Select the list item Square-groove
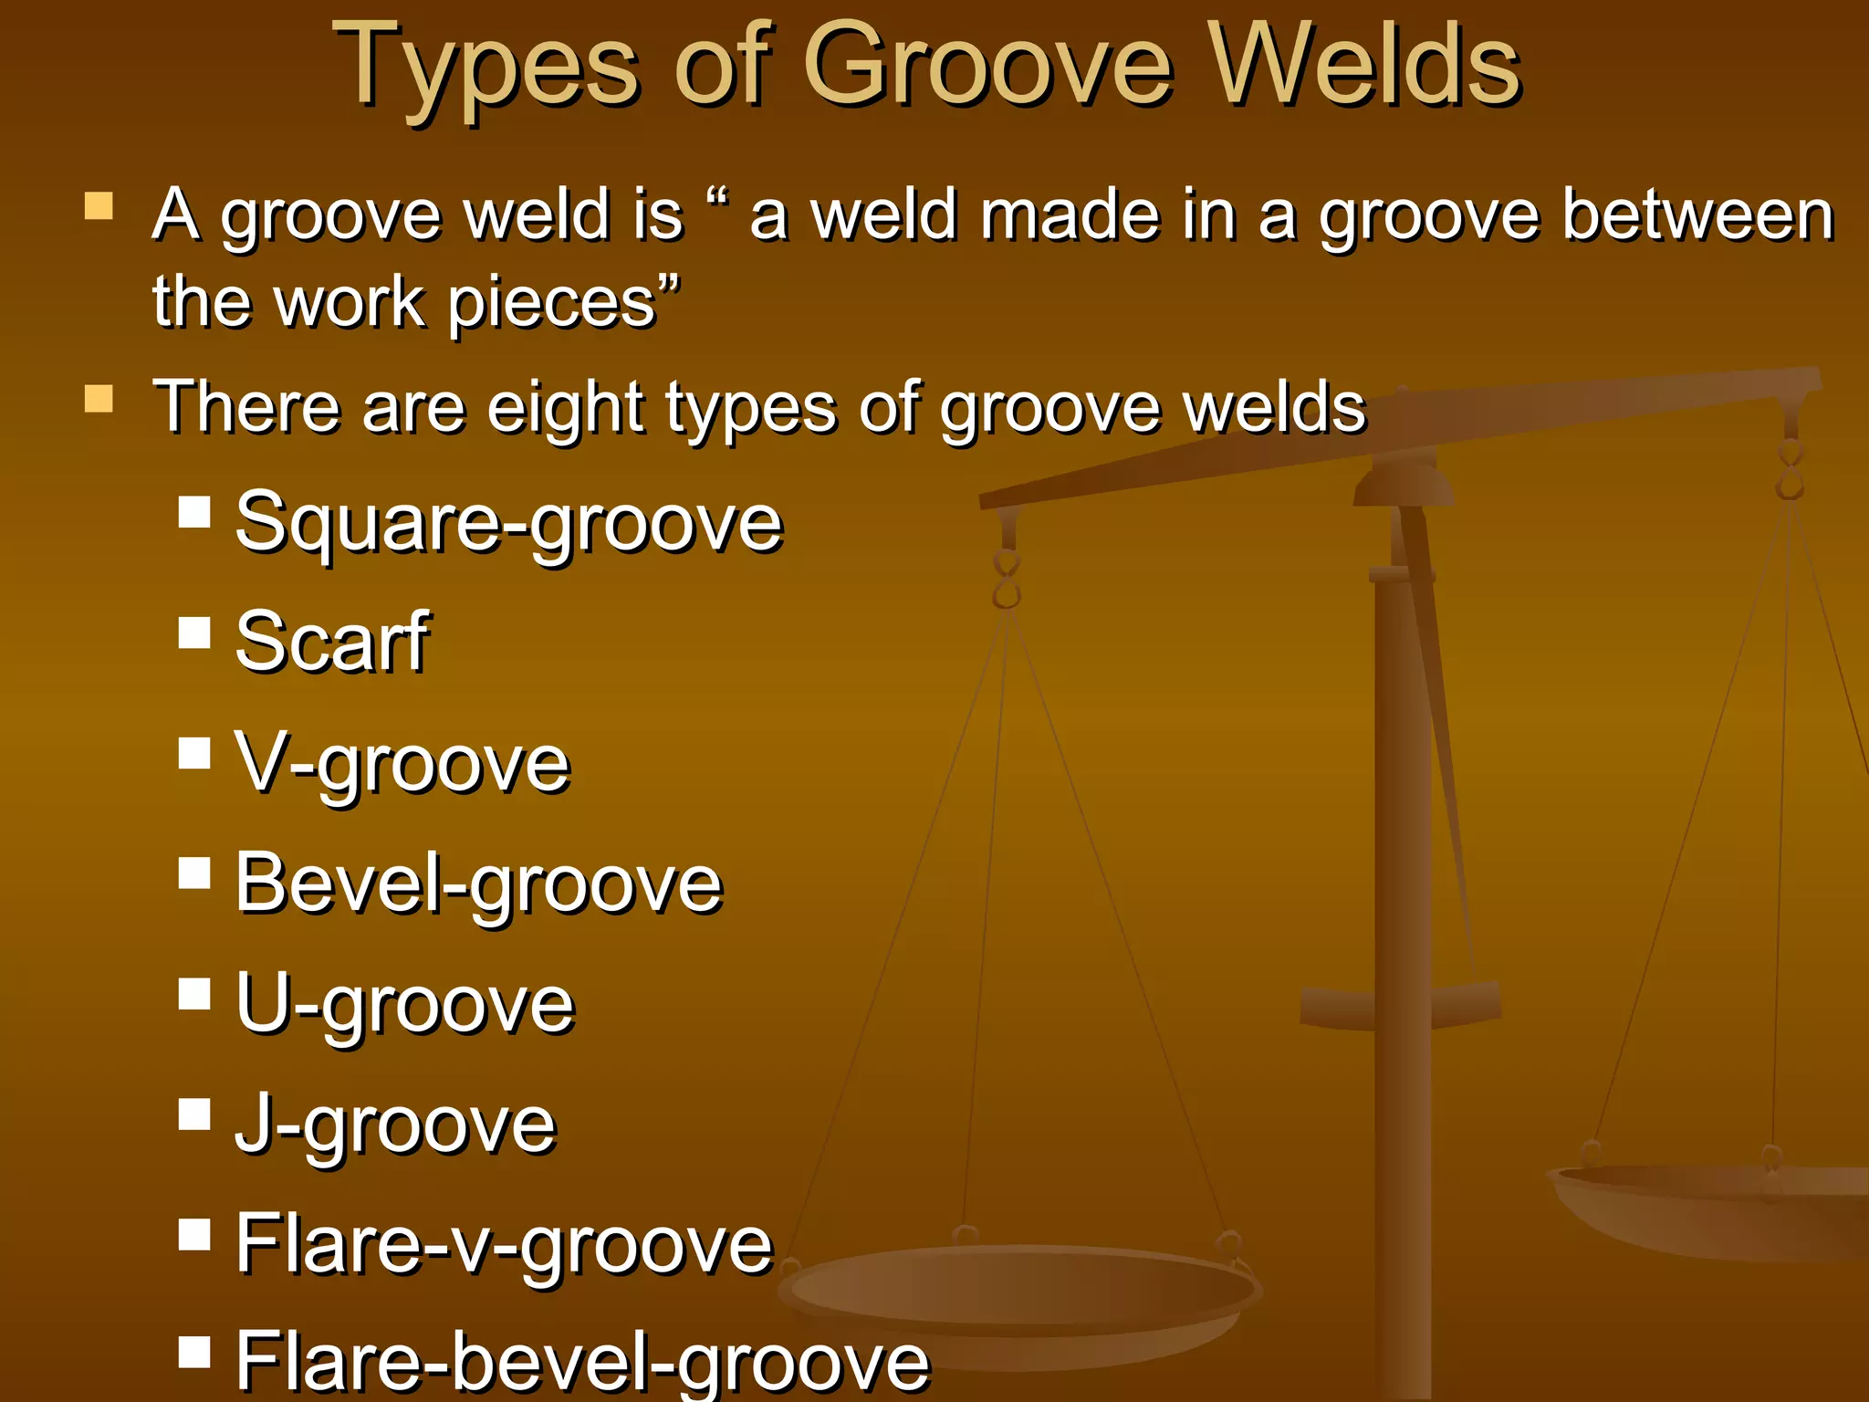pos(508,523)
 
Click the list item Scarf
pos(331,643)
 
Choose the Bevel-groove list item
pos(478,884)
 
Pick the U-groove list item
pos(405,1004)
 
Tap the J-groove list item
pos(395,1125)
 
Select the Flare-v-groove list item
pos(504,1244)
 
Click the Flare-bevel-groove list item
pos(582,1361)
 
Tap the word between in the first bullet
pos(1697,216)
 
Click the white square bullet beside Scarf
pos(194,633)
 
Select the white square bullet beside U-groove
pos(194,994)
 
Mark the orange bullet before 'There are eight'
pos(99,399)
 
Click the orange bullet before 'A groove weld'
pos(99,206)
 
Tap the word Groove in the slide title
pos(987,66)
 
